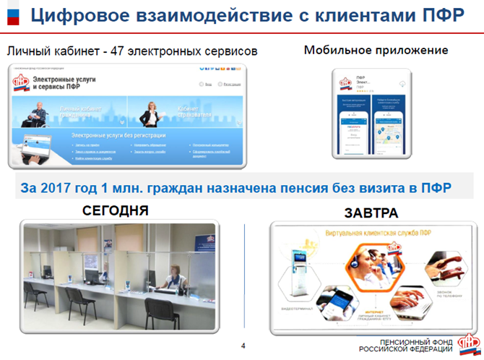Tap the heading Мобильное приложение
[376, 51]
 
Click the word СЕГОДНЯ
[116, 211]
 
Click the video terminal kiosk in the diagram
[299, 267]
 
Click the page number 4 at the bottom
[243, 345]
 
